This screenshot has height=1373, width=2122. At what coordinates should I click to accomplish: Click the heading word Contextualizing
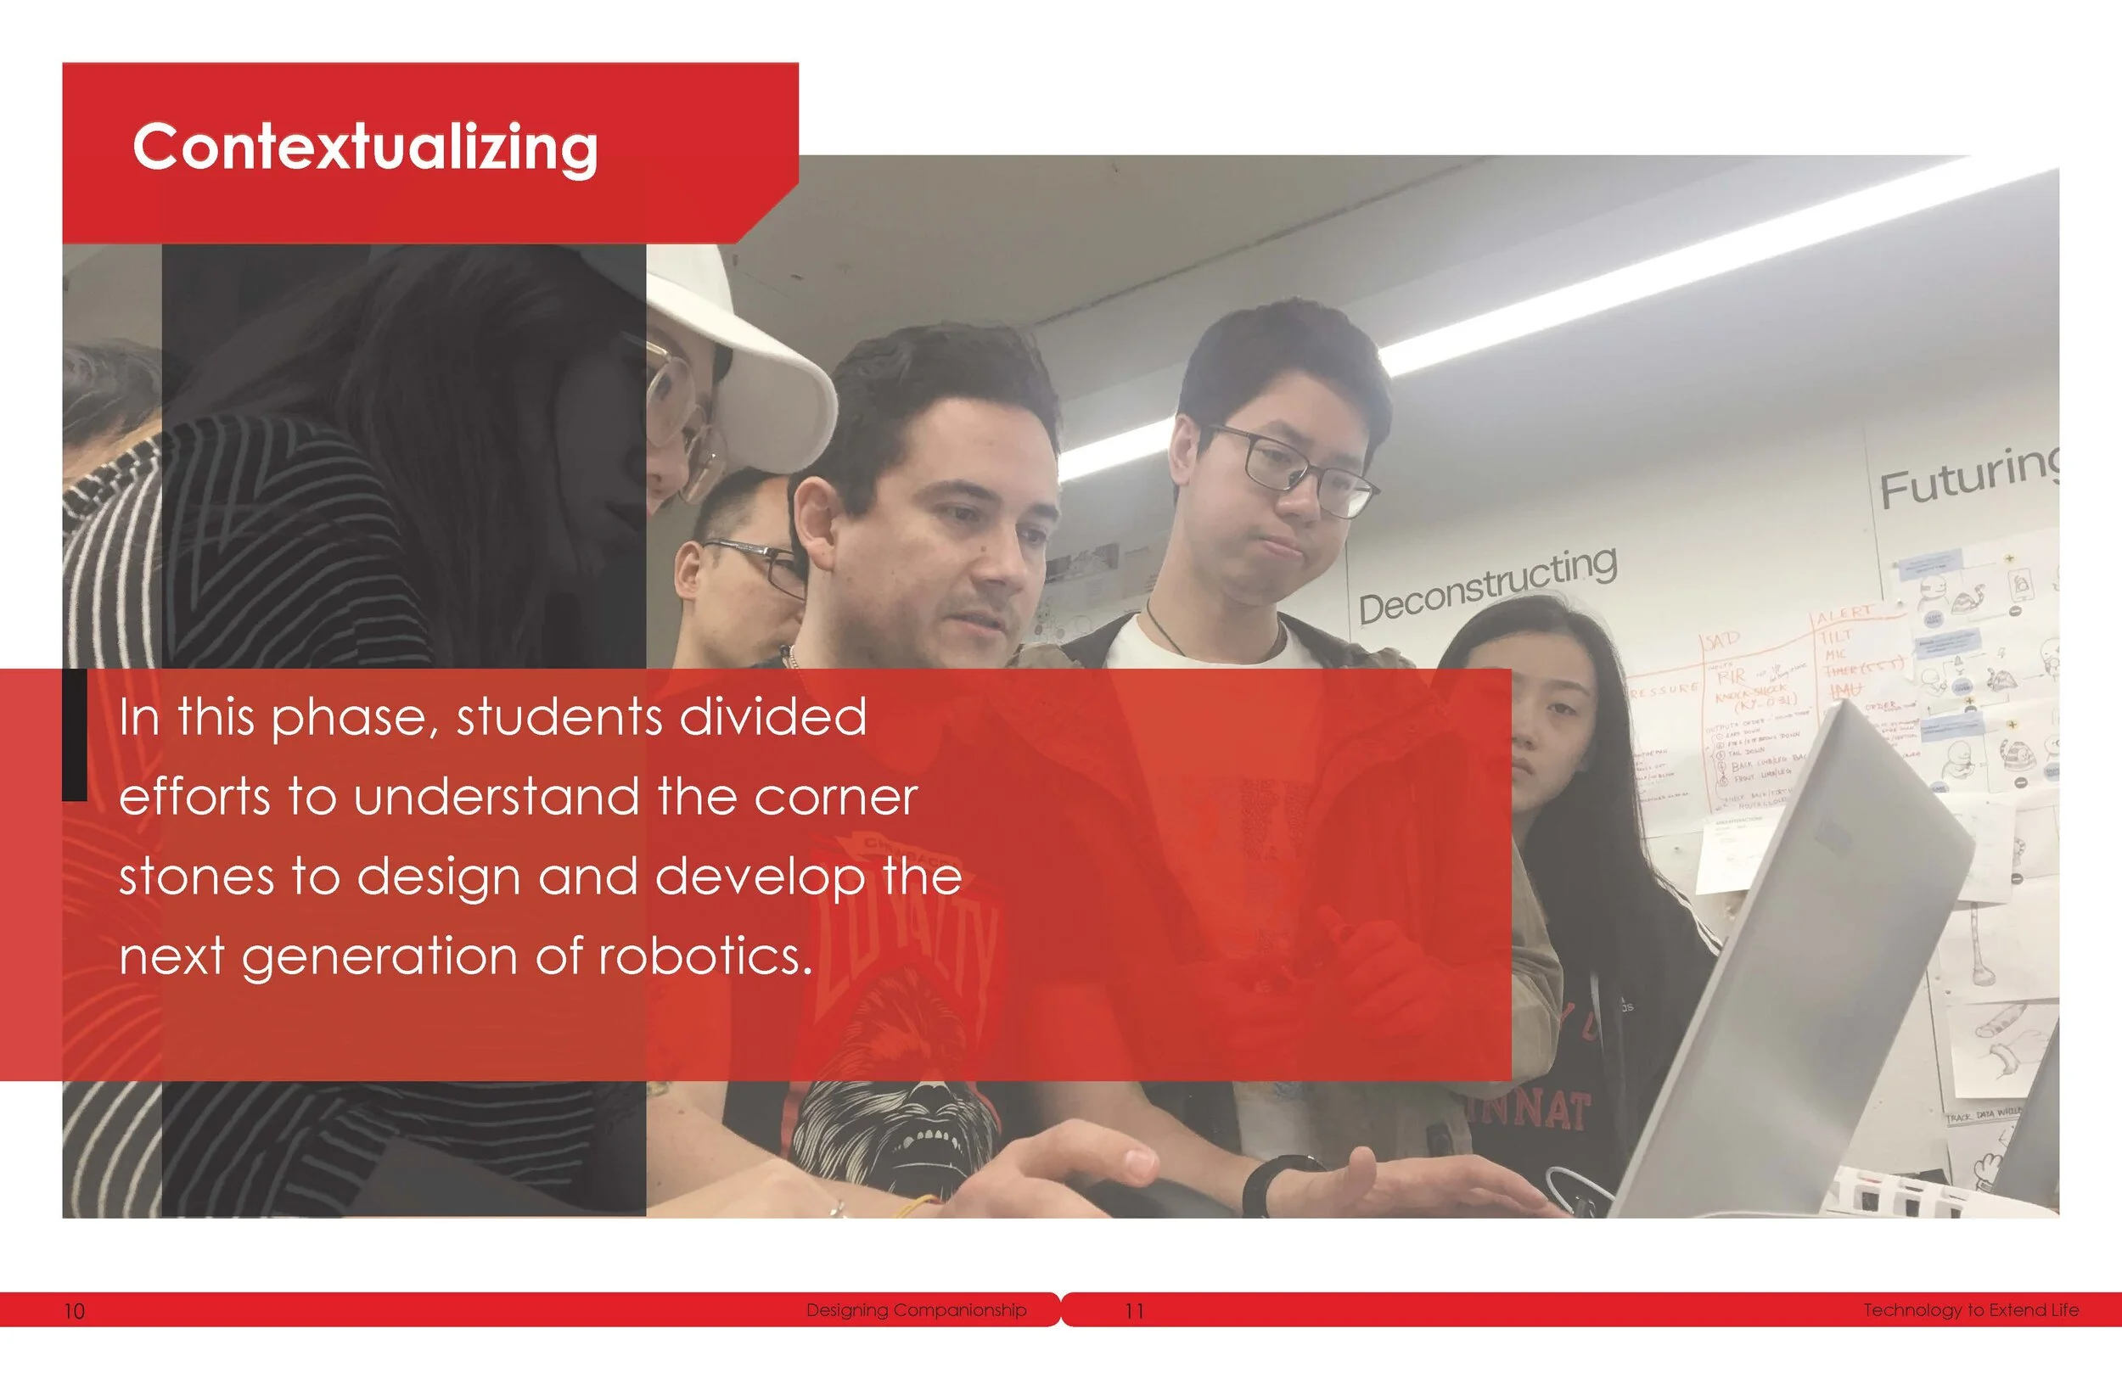tap(365, 148)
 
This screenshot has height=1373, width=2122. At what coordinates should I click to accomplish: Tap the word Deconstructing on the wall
tap(1487, 586)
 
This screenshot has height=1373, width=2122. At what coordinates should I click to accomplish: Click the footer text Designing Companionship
tap(916, 1310)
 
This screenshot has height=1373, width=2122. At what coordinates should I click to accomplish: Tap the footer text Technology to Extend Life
tap(1970, 1310)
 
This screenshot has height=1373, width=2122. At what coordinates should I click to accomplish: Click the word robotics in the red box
tap(705, 956)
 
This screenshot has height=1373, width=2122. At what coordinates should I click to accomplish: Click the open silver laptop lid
tap(1792, 963)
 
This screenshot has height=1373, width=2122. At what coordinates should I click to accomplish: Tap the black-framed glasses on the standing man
tap(1293, 468)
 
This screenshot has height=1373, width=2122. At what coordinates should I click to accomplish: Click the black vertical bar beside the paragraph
tap(75, 736)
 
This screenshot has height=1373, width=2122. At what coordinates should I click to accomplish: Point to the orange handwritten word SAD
tap(1722, 641)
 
